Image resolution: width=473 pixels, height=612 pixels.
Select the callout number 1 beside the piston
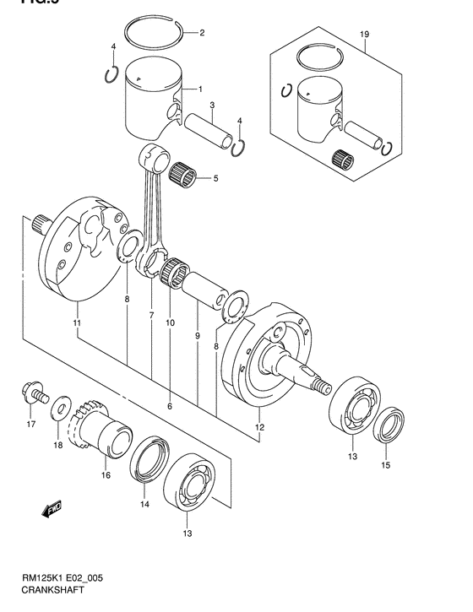click(200, 88)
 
